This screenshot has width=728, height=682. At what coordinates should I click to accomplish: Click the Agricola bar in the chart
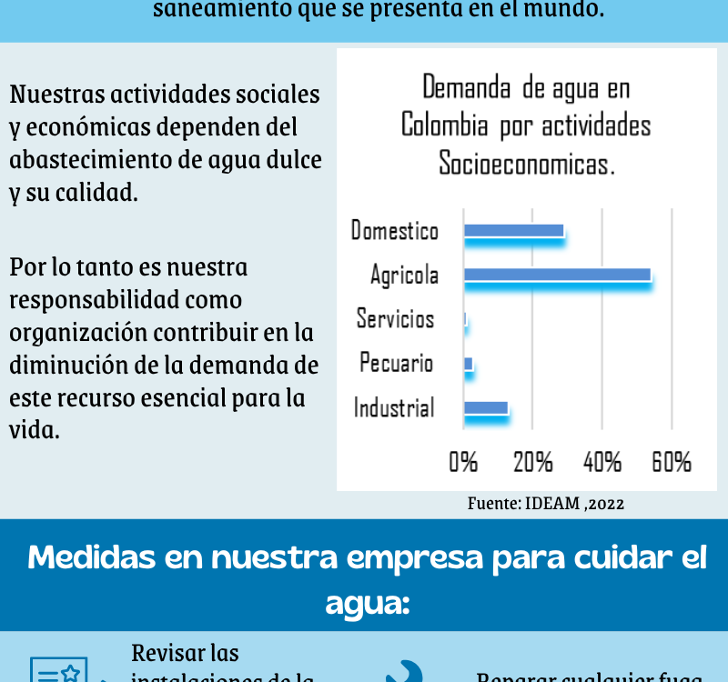pos(557,275)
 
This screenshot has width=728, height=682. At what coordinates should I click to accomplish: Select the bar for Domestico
pos(514,231)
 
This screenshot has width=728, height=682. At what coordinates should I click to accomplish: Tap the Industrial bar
pos(486,408)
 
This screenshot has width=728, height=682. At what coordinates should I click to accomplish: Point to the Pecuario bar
pos(469,364)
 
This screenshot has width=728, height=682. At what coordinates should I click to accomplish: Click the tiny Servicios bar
pos(466,319)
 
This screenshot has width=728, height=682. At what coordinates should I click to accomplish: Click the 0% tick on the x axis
pos(463,462)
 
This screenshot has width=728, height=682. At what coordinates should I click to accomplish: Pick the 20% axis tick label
pos(533,462)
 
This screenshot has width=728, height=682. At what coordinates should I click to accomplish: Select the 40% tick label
pos(602,462)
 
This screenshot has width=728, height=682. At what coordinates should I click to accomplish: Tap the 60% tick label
pos(672,462)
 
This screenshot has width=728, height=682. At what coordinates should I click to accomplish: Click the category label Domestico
pos(395,231)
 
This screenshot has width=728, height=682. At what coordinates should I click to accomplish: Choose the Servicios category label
pos(396,319)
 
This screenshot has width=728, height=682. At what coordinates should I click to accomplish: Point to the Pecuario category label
pos(397,364)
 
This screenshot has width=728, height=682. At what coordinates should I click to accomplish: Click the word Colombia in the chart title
pos(444,125)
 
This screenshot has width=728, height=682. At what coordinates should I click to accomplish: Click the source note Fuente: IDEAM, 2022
pos(546,503)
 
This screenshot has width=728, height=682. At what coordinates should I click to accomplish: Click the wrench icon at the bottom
pos(403,674)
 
